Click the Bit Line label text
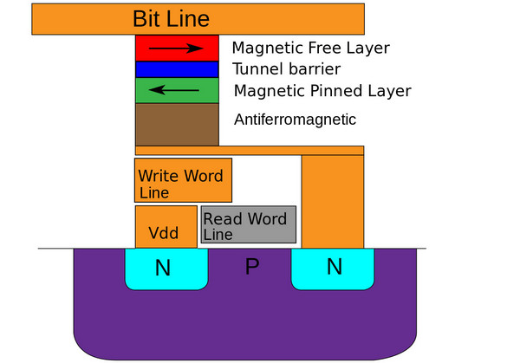point(171,18)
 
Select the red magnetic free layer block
point(176,48)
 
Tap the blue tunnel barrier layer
point(176,68)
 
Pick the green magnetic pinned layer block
point(176,90)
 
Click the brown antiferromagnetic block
point(176,124)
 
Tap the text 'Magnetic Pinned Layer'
point(322,90)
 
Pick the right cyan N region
point(333,268)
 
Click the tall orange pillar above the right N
point(333,201)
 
